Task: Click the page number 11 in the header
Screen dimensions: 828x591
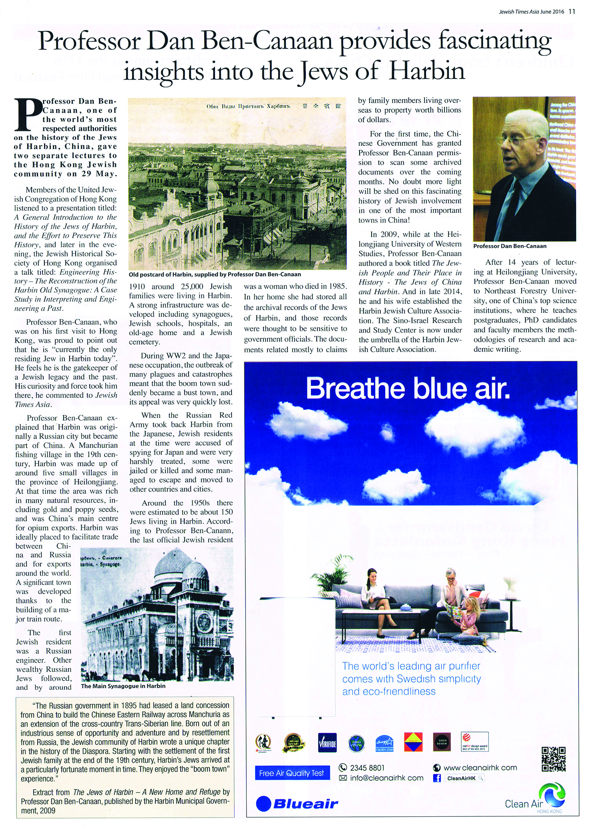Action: (x=572, y=11)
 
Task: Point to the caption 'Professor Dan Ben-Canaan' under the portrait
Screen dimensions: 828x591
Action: (x=509, y=246)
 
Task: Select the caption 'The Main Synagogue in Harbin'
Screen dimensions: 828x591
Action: (x=123, y=686)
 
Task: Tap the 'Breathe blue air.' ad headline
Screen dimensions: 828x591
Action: (x=408, y=389)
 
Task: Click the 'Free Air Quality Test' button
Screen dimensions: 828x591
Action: (x=291, y=773)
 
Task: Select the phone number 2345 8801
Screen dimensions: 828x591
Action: (x=367, y=768)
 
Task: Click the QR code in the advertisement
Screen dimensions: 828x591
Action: (x=554, y=759)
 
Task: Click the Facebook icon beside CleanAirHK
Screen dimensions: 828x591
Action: (x=437, y=778)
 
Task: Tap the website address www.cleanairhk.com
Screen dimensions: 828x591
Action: (x=480, y=768)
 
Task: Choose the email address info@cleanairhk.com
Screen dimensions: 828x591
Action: (x=386, y=778)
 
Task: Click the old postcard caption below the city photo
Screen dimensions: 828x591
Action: (x=215, y=274)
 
